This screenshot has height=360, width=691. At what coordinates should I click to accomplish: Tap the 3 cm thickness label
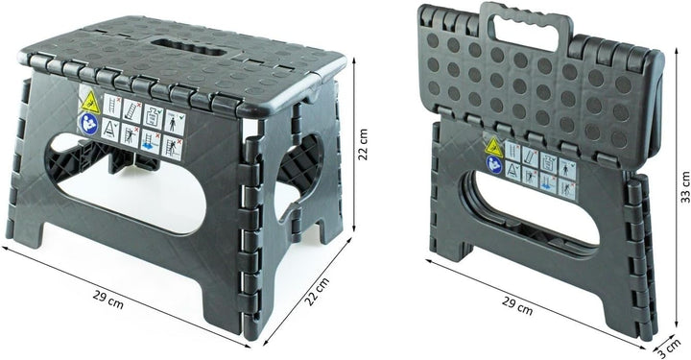(670, 348)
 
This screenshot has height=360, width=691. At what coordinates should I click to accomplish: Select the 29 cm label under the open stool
(107, 300)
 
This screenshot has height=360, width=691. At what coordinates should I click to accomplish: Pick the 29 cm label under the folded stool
(517, 306)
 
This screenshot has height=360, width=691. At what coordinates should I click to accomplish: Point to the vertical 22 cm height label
(363, 145)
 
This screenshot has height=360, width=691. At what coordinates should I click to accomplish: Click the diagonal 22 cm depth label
(318, 291)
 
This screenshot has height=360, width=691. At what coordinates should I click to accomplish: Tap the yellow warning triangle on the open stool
(90, 102)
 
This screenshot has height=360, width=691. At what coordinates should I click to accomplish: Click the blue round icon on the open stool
(88, 124)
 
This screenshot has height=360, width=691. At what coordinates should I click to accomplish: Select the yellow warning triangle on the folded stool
(494, 147)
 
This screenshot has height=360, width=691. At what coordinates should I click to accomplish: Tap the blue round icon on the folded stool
(494, 165)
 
